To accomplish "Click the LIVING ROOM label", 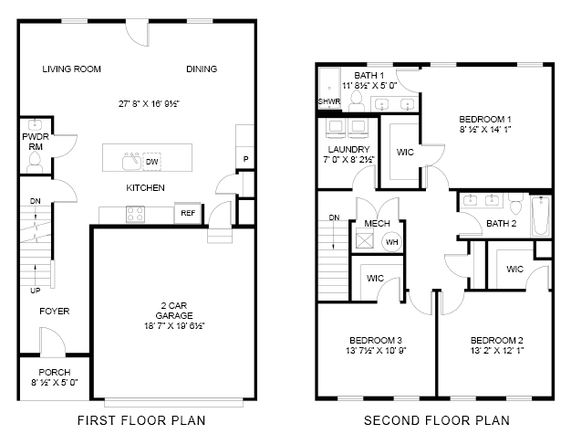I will point(72,69).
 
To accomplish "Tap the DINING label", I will point(202,69).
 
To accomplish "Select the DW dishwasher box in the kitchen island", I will point(152,162).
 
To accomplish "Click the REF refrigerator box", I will point(188,213).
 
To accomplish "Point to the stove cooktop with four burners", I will point(136,214).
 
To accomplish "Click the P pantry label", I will point(244,160).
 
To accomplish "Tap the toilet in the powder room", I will point(35,162).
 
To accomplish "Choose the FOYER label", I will point(55,312).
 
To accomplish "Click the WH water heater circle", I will point(391,242).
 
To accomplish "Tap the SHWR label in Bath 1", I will point(328,101).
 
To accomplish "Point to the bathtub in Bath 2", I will point(541,216).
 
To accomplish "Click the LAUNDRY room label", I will point(348,149).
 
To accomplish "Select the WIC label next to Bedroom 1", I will point(405,151).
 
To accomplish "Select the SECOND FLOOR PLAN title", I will point(436,420).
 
